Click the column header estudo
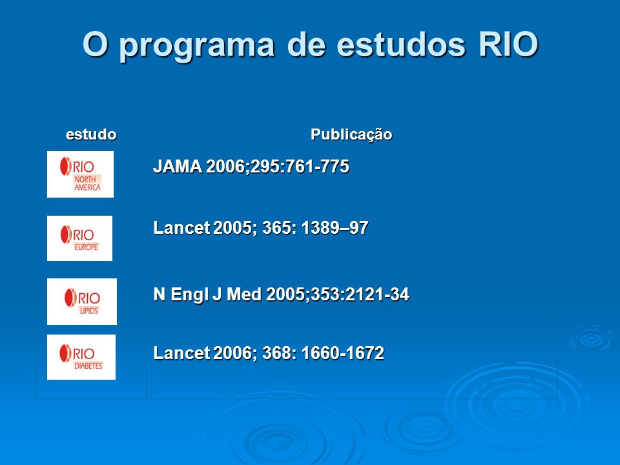tap(91, 134)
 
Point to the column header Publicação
tap(351, 134)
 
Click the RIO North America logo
tap(80, 174)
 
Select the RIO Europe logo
tap(79, 238)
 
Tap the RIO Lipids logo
tap(82, 302)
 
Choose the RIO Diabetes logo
tap(81, 357)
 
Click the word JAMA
tap(178, 167)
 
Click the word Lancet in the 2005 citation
tap(181, 228)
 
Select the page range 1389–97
tap(335, 228)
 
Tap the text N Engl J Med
tap(207, 294)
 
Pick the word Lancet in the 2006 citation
tap(181, 353)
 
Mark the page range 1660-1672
tap(343, 353)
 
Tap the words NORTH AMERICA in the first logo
tap(87, 183)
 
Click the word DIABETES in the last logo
tap(88, 366)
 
